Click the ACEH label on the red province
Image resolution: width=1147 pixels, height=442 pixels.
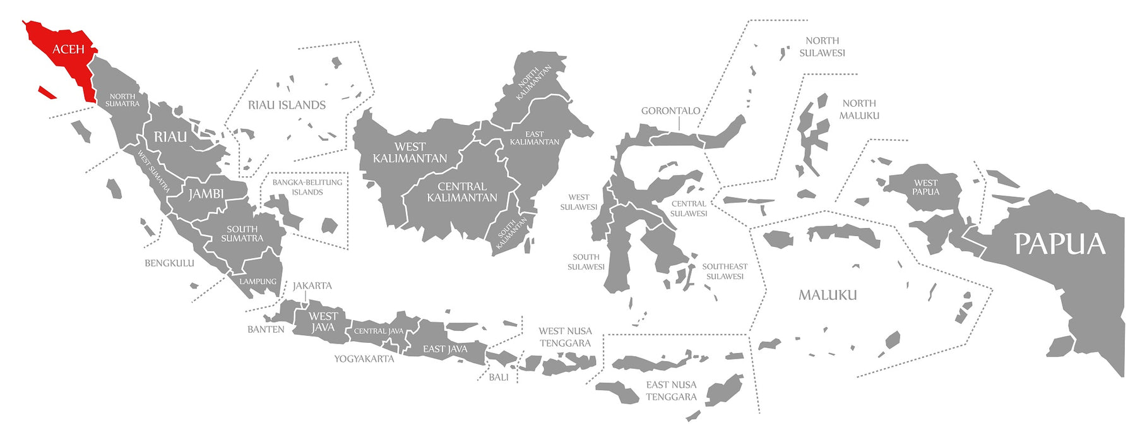[68, 49]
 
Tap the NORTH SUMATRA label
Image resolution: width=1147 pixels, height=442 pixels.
[122, 100]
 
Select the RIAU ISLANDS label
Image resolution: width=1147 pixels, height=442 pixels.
[287, 105]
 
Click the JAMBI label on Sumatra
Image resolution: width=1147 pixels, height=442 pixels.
[206, 194]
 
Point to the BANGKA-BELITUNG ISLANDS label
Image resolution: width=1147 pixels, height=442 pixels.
[307, 187]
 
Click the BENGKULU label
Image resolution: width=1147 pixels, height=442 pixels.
[169, 263]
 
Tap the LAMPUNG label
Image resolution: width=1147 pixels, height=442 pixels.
[258, 282]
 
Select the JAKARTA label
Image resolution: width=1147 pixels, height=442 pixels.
[312, 285]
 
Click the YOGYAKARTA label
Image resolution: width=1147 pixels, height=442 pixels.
[364, 359]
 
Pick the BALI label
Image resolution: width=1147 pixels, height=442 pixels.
[498, 377]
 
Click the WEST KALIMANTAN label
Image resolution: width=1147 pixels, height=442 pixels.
[410, 152]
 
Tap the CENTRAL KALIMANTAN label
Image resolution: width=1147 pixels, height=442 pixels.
[462, 192]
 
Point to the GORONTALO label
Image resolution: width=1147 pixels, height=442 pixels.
[670, 110]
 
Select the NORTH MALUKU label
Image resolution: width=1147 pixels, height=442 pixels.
[859, 109]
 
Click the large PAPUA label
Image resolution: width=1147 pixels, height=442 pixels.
[1060, 244]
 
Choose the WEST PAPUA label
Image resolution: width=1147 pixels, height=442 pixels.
[925, 188]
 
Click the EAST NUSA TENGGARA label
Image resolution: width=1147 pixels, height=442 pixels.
[671, 390]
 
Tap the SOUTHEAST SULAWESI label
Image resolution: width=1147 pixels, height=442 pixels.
[725, 272]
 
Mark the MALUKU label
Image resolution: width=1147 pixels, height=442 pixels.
[828, 295]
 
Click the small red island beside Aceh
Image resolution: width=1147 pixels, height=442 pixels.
[47, 93]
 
